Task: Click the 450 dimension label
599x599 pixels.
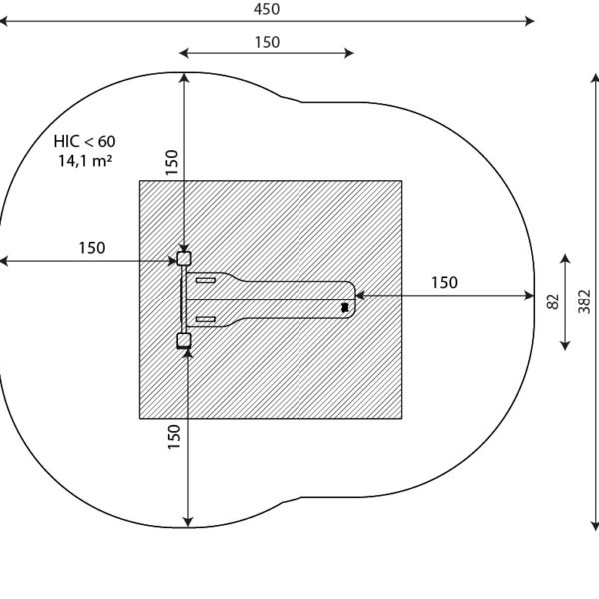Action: (267, 9)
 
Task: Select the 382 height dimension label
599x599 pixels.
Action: (584, 301)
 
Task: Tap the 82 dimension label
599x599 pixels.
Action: (553, 301)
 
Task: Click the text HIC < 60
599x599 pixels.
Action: (84, 142)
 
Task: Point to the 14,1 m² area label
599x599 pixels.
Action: (85, 161)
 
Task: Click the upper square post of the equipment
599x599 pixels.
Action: (184, 259)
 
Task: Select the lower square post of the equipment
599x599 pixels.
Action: (184, 340)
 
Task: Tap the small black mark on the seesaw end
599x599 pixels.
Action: (345, 307)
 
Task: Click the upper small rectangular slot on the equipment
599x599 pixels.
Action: (206, 280)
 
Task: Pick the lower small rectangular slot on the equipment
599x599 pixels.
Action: (206, 319)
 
